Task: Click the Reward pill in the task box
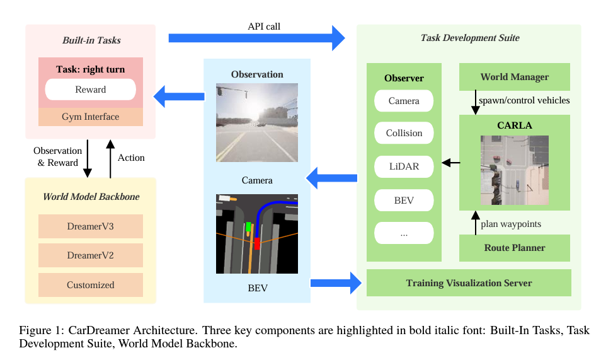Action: (91, 90)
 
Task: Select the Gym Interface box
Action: (91, 117)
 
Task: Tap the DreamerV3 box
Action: (91, 226)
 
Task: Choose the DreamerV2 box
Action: (91, 255)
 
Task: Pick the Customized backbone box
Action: (91, 285)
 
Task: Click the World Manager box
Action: (515, 77)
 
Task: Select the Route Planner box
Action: (515, 248)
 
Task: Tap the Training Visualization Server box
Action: (469, 283)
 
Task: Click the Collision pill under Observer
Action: (404, 133)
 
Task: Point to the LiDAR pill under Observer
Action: (404, 167)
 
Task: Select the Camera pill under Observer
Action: (404, 100)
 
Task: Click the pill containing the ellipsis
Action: (404, 233)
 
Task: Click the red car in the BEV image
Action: (257, 243)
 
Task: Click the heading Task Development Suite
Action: (470, 38)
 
